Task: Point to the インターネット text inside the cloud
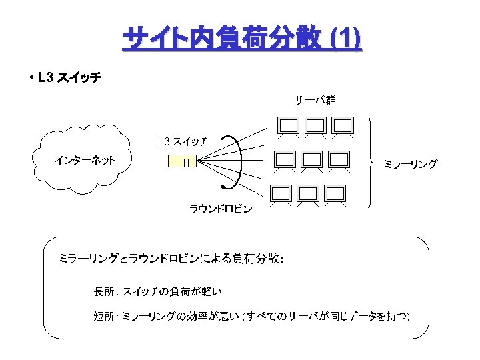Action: pos(85,160)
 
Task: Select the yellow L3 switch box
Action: pos(183,161)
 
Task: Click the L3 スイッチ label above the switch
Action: pos(182,141)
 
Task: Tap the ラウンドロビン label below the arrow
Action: pos(221,209)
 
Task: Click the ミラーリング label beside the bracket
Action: pos(410,163)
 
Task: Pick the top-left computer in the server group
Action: pos(289,127)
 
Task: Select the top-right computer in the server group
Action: pos(342,127)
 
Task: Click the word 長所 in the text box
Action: pos(104,291)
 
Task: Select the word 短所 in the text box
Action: pos(104,315)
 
